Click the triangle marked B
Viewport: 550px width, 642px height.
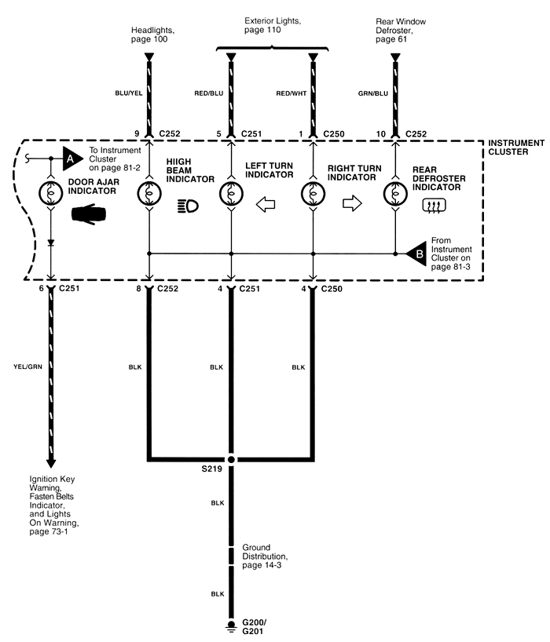coord(418,253)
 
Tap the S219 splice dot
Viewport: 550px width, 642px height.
coord(231,459)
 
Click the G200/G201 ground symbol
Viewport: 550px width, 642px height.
coord(231,625)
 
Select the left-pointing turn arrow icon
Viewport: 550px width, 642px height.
coord(267,205)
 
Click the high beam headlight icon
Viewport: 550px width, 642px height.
coord(189,206)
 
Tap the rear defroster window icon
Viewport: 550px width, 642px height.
coord(434,206)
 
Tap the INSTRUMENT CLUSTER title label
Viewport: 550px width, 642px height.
coord(515,147)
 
